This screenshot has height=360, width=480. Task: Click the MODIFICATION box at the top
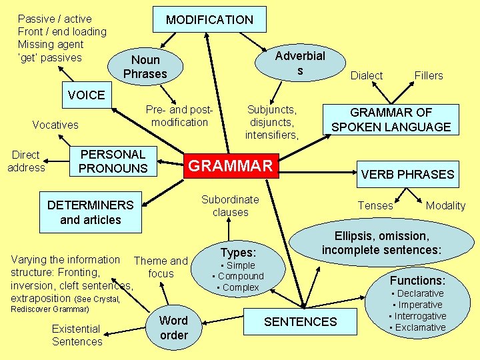(209, 20)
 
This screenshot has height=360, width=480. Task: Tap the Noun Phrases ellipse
(145, 67)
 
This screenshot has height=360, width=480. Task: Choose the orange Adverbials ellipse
(300, 63)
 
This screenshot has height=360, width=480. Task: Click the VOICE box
(86, 95)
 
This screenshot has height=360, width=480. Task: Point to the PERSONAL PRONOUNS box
(113, 161)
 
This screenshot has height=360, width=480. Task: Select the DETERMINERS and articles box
(90, 212)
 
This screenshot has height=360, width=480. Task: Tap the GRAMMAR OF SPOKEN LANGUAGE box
(391, 120)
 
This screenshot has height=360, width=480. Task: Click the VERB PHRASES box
(407, 175)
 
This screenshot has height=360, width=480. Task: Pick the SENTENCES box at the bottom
(300, 322)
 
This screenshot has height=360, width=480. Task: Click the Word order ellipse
(173, 328)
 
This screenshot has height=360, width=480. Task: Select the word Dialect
(367, 75)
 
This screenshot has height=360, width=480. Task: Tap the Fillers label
(429, 75)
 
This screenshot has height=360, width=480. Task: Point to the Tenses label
(375, 205)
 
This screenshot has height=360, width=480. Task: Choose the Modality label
(445, 205)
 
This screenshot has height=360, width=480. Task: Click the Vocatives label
(55, 125)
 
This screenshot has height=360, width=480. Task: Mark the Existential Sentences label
(77, 335)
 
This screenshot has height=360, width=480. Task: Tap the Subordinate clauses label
(230, 205)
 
